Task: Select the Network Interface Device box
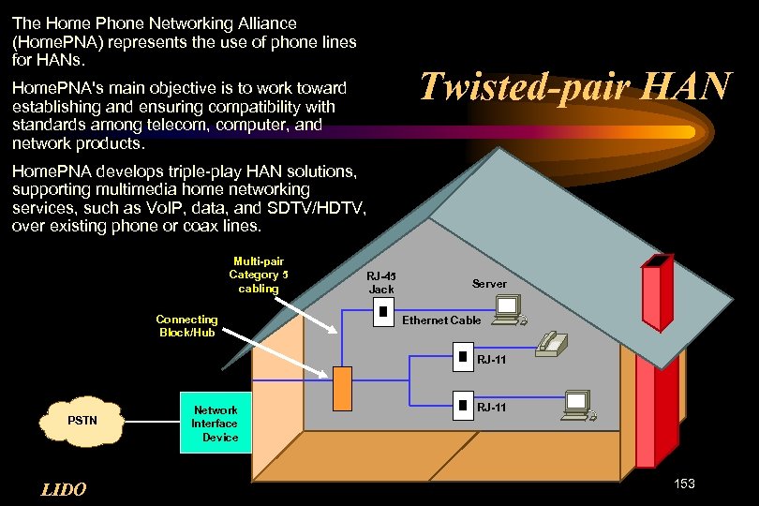tap(215, 424)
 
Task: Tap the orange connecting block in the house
tap(342, 388)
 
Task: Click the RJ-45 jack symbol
tap(381, 315)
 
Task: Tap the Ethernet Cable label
tap(441, 320)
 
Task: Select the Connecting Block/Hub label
tap(187, 326)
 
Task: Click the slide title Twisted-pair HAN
tap(574, 85)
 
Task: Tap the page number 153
tap(684, 484)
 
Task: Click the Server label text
tap(489, 283)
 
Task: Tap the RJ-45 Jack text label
tap(381, 282)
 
